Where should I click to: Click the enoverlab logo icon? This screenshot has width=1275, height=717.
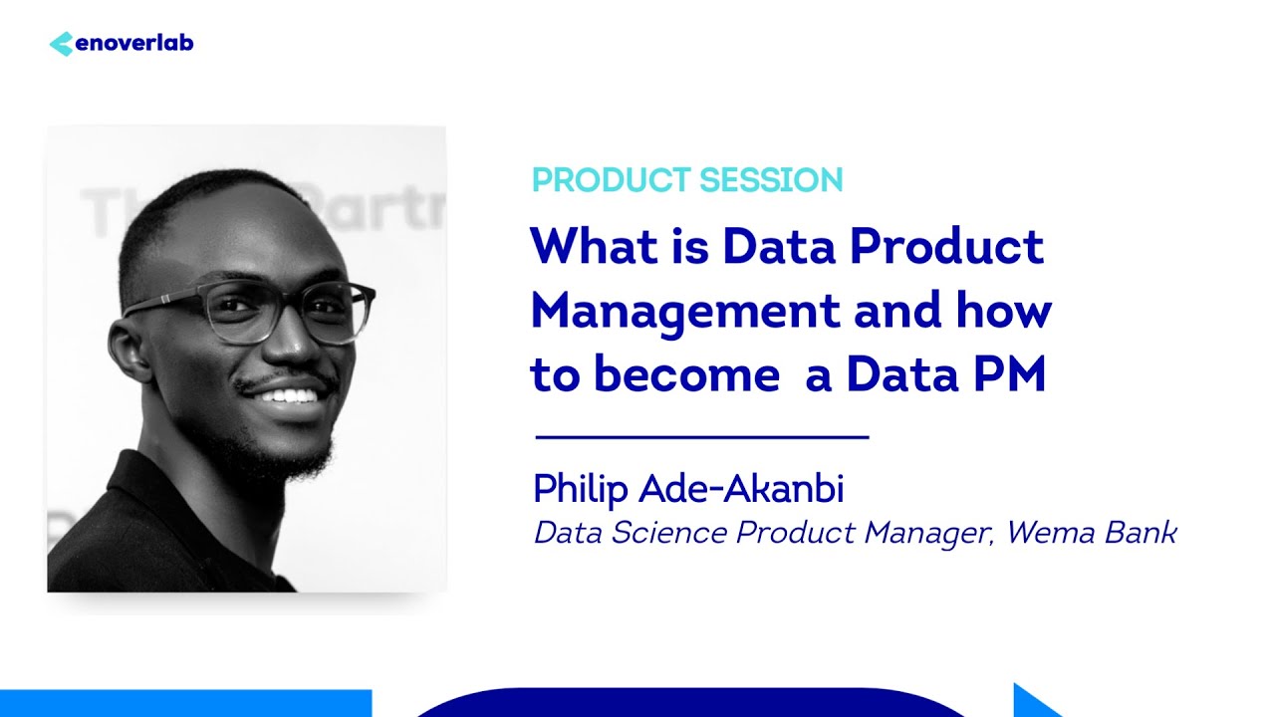click(x=61, y=44)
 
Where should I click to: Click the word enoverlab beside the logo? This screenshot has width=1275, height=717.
click(x=133, y=44)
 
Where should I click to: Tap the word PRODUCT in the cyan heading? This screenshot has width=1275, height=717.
click(x=611, y=180)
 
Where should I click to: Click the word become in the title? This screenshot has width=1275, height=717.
click(x=686, y=376)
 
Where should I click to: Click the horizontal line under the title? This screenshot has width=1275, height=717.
click(x=702, y=436)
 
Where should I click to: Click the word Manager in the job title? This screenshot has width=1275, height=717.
click(x=928, y=533)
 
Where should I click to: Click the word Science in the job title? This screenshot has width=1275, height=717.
click(x=668, y=533)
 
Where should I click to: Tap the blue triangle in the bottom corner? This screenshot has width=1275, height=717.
click(x=1034, y=701)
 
